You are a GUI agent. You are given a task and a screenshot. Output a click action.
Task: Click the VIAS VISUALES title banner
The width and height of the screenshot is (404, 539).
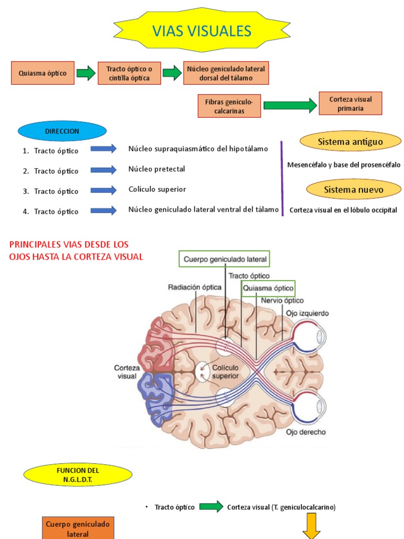tap(202, 31)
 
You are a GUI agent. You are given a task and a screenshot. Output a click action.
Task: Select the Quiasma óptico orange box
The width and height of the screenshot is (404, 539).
tap(43, 73)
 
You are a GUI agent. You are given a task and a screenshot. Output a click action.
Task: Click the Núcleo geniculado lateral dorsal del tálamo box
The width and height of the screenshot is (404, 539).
tap(226, 73)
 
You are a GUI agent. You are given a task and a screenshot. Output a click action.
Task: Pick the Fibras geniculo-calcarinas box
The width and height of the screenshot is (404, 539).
tap(229, 106)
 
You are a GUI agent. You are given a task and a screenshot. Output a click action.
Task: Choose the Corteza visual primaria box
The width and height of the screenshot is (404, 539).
tap(350, 103)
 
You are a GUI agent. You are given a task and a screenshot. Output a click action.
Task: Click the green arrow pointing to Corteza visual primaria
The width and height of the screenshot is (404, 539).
tap(290, 105)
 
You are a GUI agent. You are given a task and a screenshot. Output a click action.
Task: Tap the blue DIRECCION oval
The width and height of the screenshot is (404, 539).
tap(62, 131)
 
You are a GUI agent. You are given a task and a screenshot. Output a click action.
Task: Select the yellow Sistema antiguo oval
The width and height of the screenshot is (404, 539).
tap(350, 142)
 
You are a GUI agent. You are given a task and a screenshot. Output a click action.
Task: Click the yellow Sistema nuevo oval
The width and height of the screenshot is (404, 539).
tap(353, 189)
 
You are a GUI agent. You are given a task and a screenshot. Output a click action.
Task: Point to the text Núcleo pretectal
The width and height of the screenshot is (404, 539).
tap(157, 169)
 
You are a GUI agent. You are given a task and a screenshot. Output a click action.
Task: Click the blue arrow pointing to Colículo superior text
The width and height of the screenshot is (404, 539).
tap(103, 190)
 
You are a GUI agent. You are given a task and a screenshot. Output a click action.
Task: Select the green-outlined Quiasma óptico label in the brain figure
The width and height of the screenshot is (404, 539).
tap(268, 288)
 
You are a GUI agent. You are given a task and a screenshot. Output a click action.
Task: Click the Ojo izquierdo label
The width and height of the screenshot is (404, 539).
tap(307, 313)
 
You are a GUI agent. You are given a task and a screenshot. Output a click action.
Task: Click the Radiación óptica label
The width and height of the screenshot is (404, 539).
tap(195, 287)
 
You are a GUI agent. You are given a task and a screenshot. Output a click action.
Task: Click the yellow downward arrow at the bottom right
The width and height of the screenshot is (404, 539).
tap(311, 529)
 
